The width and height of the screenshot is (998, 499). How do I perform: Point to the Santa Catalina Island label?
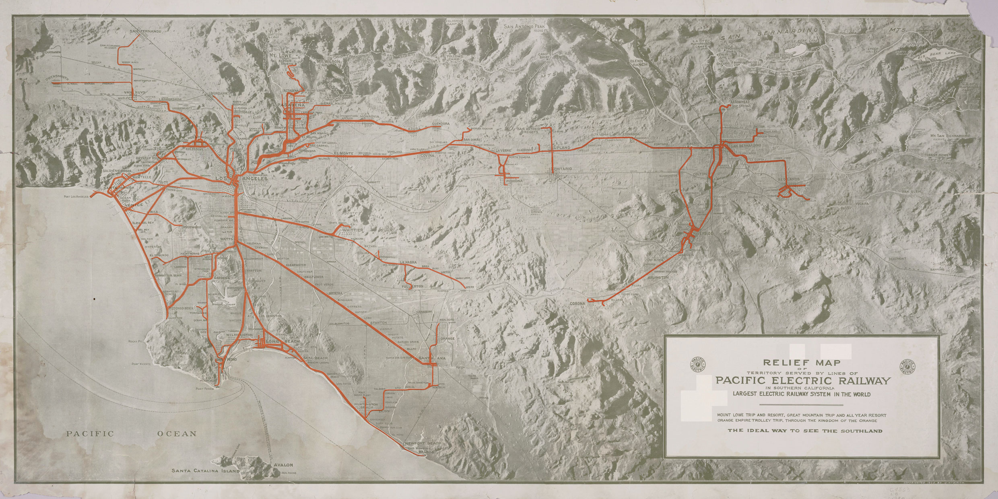point(205,470)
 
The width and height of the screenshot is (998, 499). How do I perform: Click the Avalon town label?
point(283,465)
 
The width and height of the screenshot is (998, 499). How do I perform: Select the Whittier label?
point(353,230)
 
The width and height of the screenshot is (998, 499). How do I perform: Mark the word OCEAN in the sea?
point(177,434)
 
